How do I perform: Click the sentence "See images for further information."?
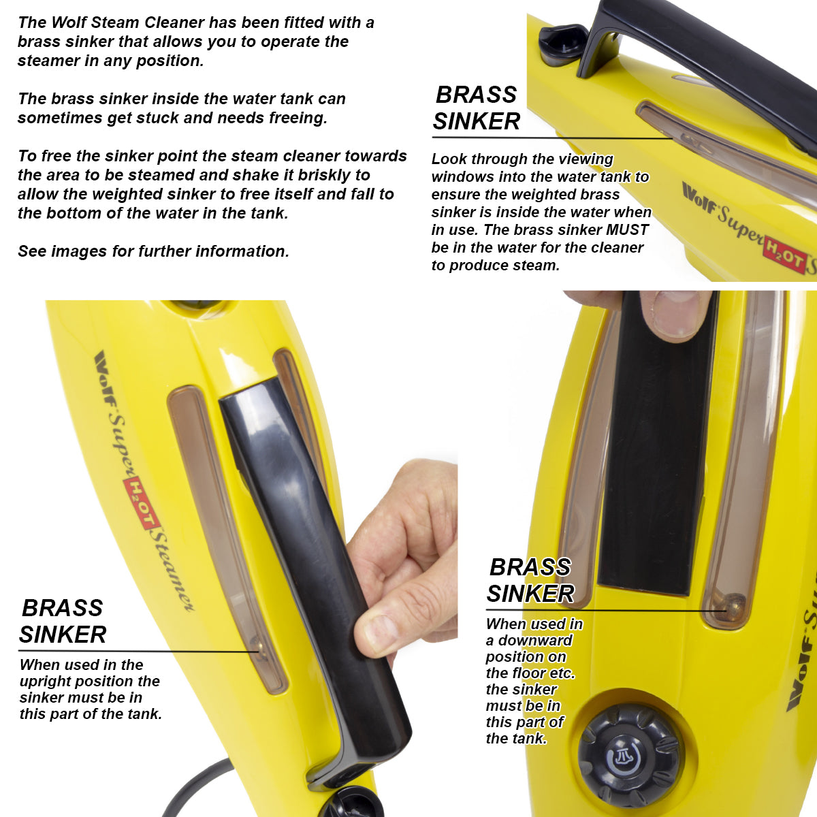point(153,251)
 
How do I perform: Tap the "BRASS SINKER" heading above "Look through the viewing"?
point(476,108)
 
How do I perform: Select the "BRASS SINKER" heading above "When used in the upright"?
point(63,621)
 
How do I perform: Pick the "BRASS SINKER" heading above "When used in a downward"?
point(530,580)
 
